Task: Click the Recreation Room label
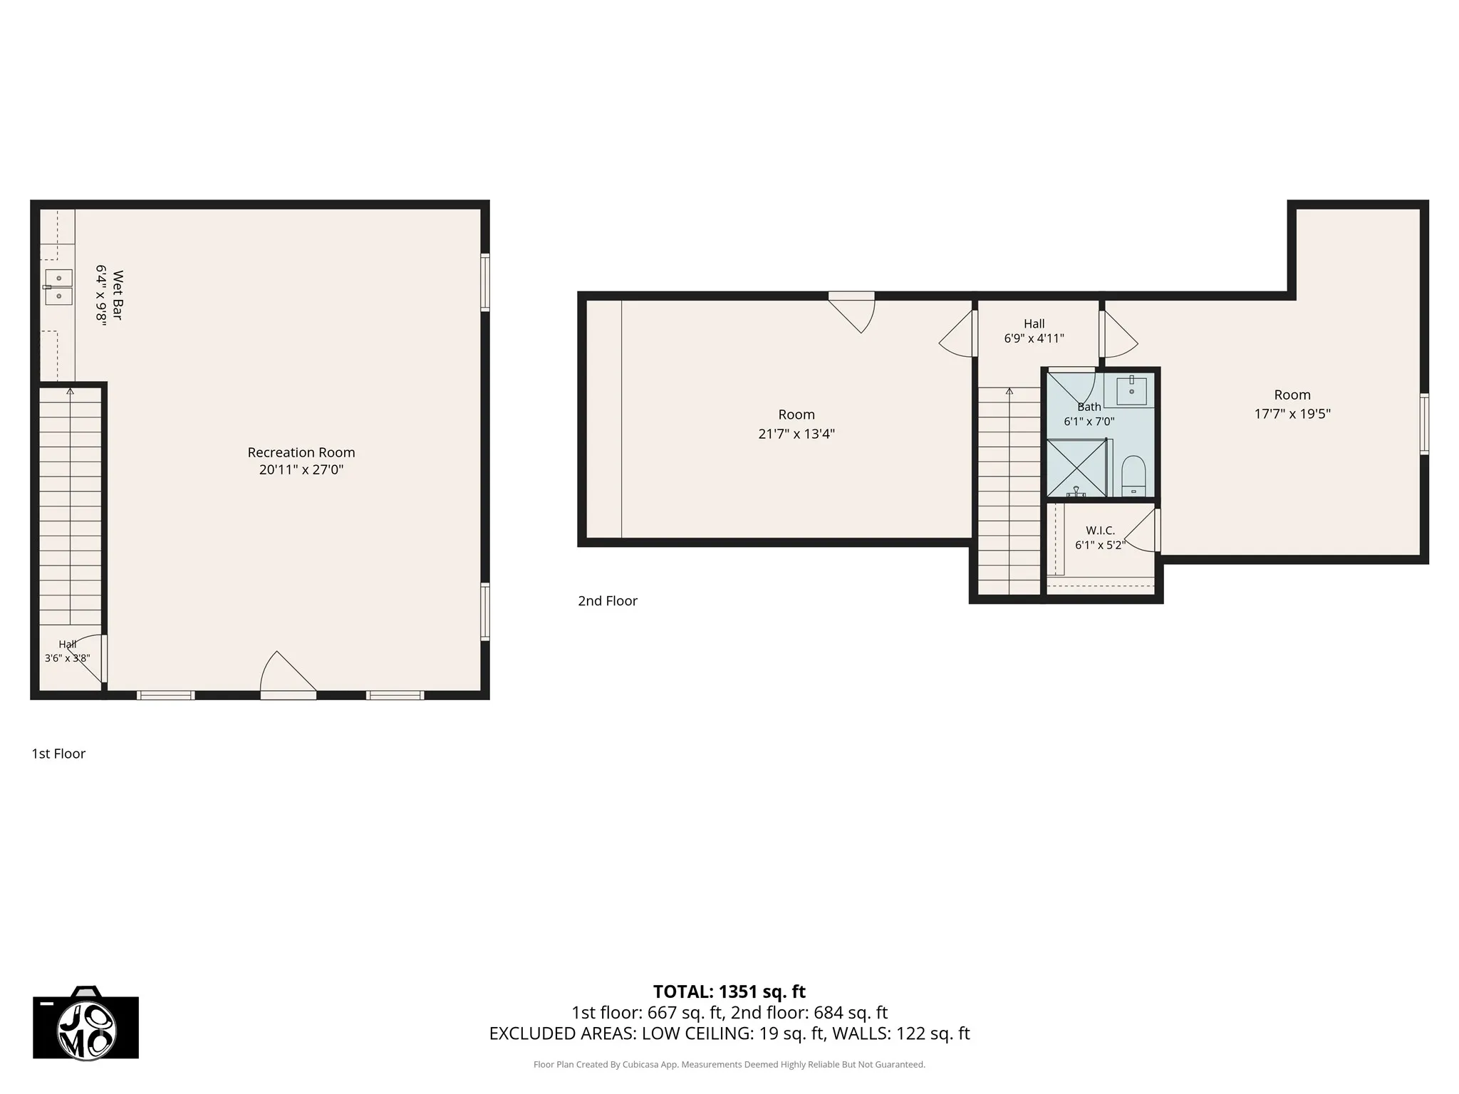tap(301, 452)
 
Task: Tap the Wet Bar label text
tap(118, 295)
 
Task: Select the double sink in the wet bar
tap(58, 287)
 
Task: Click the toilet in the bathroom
tap(1133, 476)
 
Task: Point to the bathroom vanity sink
tap(1131, 390)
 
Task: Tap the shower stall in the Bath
tap(1076, 468)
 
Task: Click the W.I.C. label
tap(1100, 531)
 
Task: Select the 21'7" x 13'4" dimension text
tap(796, 434)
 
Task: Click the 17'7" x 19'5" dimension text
tap(1292, 414)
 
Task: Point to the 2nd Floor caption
tap(608, 601)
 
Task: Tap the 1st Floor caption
tap(58, 754)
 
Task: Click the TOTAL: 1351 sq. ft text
tap(729, 991)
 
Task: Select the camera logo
tap(86, 1023)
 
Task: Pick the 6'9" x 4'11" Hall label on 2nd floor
tap(1034, 339)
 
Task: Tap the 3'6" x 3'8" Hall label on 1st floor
tap(68, 659)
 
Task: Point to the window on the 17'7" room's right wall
tap(1424, 424)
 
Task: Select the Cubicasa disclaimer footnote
tap(729, 1065)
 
